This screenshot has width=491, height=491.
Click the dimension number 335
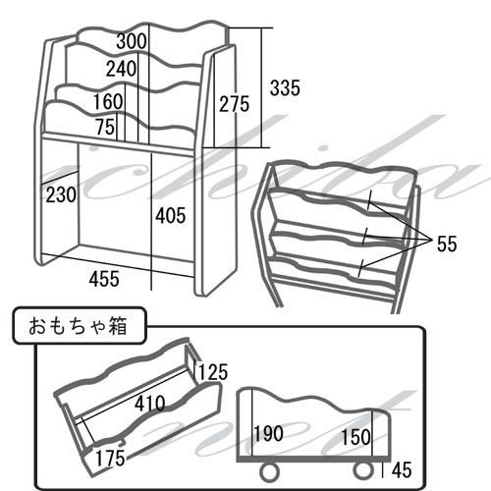pyautogui.click(x=285, y=88)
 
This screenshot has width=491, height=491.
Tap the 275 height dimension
pyautogui.click(x=234, y=104)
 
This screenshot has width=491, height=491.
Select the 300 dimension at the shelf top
pyautogui.click(x=132, y=41)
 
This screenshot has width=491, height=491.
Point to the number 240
pyautogui.click(x=121, y=69)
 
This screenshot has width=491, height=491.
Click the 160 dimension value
pyautogui.click(x=108, y=101)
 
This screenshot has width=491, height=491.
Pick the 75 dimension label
pyautogui.click(x=105, y=127)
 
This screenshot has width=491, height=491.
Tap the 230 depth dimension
pyautogui.click(x=61, y=194)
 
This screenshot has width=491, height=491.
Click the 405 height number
pyautogui.click(x=170, y=215)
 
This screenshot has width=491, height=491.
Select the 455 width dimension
pyautogui.click(x=104, y=279)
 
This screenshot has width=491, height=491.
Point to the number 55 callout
pyautogui.click(x=447, y=244)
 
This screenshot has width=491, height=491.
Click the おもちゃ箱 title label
pyautogui.click(x=78, y=326)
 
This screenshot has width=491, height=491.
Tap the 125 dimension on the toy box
pyautogui.click(x=213, y=372)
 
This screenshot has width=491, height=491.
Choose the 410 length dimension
pyautogui.click(x=150, y=404)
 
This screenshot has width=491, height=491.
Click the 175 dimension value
pyautogui.click(x=110, y=458)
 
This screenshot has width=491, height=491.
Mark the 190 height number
pyautogui.click(x=268, y=433)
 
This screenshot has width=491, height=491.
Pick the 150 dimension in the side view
pyautogui.click(x=356, y=437)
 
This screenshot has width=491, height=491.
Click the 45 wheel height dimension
pyautogui.click(x=402, y=470)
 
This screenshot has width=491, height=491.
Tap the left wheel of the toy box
pyautogui.click(x=270, y=472)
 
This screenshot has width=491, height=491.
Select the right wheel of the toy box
pyautogui.click(x=363, y=470)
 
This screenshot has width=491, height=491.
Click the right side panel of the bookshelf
pyautogui.click(x=215, y=170)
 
